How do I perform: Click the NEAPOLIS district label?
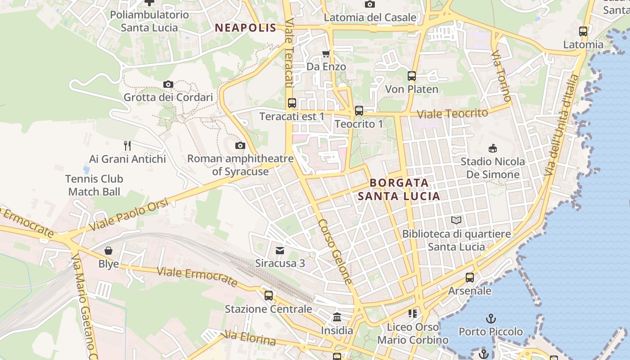coord(245,28)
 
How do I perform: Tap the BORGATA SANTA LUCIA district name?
coord(399,189)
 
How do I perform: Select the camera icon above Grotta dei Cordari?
coord(168,84)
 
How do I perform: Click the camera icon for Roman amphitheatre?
coord(240,145)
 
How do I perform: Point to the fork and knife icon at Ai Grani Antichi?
coord(127,145)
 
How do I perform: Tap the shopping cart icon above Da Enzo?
coord(326,54)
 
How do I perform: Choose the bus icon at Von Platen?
coord(411,76)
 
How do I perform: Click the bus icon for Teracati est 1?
coord(292,103)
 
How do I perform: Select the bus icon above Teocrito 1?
coord(359,110)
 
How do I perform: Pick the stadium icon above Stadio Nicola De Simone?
coord(493,148)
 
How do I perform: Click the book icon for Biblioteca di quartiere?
coord(456,220)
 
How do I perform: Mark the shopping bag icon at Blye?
coord(108,250)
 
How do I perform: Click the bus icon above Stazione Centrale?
coord(268,296)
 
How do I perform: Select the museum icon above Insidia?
coord(337,317)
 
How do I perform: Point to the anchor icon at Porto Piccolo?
coord(490,319)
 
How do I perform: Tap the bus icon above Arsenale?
coord(470,278)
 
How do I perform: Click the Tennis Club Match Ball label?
coord(94,185)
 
